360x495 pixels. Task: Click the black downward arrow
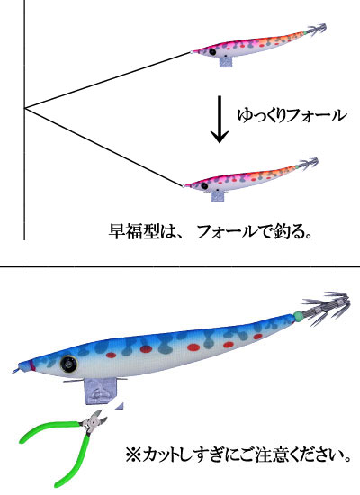[x=220, y=120]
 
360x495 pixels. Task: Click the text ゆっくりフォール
[x=292, y=115]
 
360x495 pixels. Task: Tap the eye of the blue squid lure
[x=68, y=364]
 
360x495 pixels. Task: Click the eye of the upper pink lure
[x=212, y=51]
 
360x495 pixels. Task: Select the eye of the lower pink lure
[x=204, y=186]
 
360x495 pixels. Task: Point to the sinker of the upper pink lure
[x=227, y=61]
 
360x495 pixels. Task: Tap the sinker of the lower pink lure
[x=218, y=195]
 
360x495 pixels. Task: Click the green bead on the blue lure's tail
[x=298, y=316]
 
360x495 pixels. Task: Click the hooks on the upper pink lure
[x=316, y=30]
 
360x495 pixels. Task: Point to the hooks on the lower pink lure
[x=309, y=163]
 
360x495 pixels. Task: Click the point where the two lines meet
[x=24, y=109]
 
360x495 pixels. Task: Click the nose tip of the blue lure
[x=13, y=373]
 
